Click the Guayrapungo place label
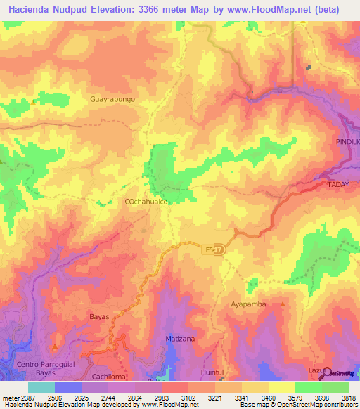[112, 99]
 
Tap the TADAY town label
[342, 184]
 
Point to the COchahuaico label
[146, 202]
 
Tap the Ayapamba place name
[250, 305]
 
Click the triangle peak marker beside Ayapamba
[283, 304]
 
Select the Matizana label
[180, 339]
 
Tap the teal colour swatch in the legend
[41, 387]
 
